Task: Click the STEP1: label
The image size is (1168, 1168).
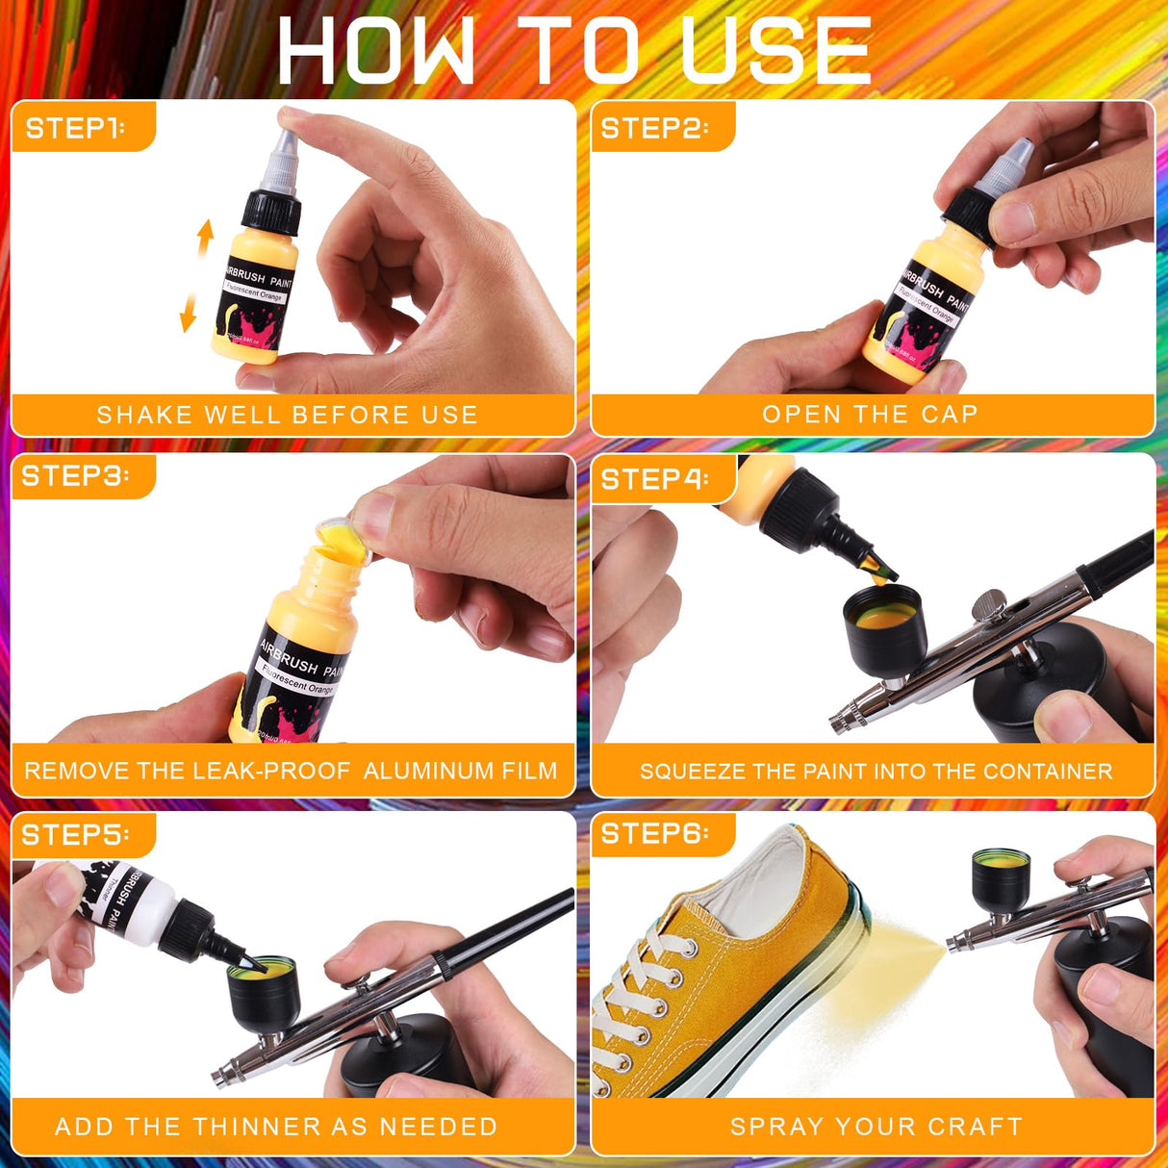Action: coord(75,128)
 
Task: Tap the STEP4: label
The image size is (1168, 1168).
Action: coord(654,479)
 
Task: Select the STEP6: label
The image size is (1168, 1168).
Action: coord(654,833)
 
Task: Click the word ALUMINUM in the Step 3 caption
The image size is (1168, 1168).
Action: coord(423,771)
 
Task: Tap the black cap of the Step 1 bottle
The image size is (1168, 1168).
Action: coord(270,213)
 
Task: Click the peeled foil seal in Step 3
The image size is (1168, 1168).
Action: coord(344,534)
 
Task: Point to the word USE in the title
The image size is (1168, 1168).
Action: coord(775,50)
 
